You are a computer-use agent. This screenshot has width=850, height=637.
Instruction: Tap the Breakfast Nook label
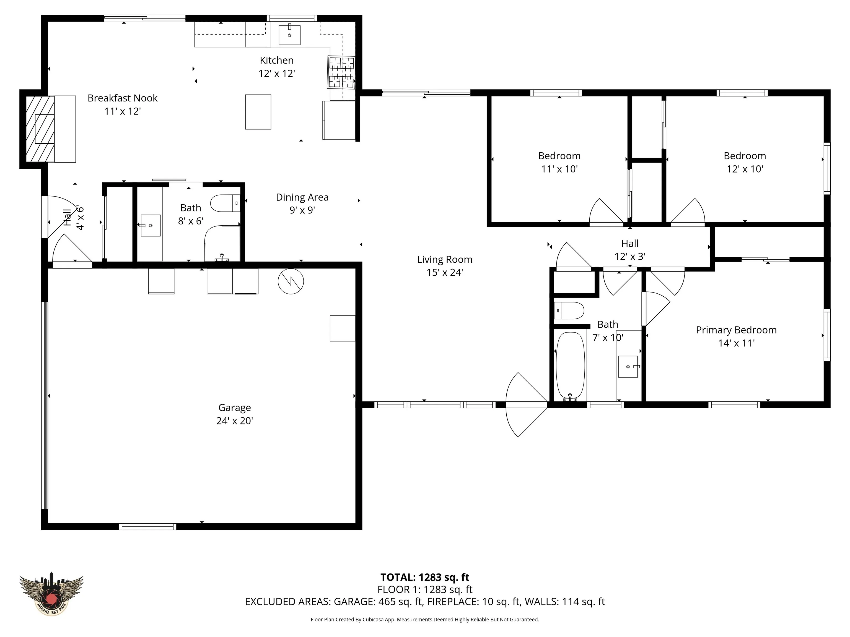123,105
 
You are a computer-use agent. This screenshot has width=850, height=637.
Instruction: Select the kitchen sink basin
289,35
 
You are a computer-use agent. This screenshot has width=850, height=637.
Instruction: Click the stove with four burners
341,72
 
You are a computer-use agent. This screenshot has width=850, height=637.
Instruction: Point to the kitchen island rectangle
258,112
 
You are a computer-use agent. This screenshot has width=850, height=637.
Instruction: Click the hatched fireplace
40,129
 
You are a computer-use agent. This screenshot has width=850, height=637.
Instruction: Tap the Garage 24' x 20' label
234,414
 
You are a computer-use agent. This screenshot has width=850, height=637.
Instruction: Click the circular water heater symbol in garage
291,281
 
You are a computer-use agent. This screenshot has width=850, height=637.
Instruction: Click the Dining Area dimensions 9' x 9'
302,210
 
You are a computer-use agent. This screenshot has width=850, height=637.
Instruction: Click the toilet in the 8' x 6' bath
226,203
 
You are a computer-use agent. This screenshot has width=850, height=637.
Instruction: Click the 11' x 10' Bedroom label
559,162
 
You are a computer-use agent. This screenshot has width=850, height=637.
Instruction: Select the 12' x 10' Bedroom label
745,162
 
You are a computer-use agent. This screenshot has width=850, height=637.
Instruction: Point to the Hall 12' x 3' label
630,250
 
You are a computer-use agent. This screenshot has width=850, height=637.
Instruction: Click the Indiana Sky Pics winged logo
51,594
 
